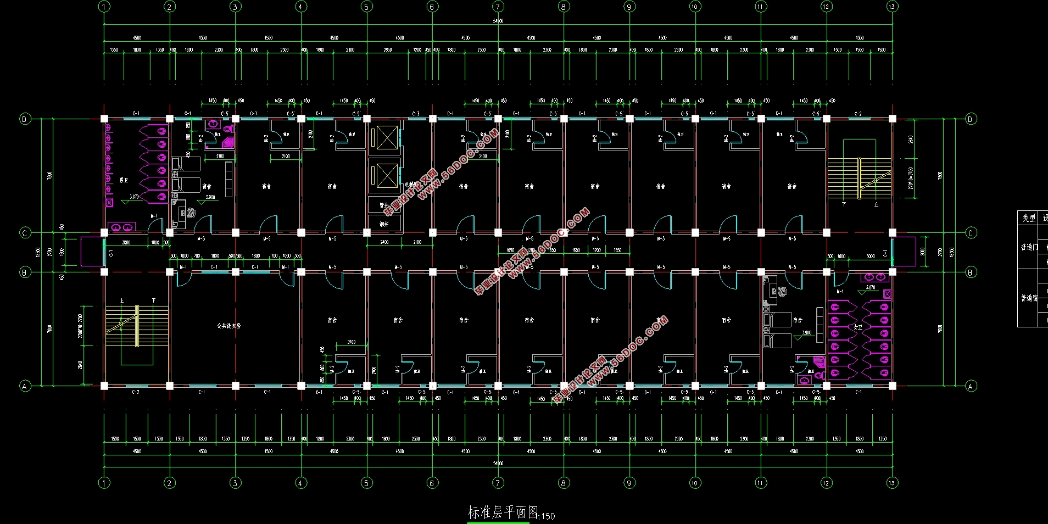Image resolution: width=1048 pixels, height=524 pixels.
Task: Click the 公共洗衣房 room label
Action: coord(228,326)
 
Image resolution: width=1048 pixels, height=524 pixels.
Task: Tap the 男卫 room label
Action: coord(124,180)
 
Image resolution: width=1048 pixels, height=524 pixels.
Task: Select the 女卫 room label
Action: coord(858,327)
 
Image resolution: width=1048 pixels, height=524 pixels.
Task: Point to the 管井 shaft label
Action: coord(384,205)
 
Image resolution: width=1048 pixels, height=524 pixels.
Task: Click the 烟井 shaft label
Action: coord(384,224)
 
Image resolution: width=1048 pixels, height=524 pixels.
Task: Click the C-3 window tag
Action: coord(416,114)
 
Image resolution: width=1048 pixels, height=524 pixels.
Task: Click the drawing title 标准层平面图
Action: coord(503,512)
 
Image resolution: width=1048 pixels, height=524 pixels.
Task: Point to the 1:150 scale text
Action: coord(548,516)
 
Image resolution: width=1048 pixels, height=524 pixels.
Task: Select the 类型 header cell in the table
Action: coord(1029,218)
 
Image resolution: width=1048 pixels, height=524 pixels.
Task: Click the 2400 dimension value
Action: coord(384,242)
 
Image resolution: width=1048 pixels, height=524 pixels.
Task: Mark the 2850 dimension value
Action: coord(388,50)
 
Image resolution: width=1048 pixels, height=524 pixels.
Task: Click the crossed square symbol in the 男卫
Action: coord(109,203)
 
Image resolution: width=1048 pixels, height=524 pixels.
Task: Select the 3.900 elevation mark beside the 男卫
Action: coord(210,197)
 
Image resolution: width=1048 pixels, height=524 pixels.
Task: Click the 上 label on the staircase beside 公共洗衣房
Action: coord(121,301)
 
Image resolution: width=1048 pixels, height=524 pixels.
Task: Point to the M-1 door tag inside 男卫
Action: coord(154,216)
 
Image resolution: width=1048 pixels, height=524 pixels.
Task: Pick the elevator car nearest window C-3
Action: coord(387,137)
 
